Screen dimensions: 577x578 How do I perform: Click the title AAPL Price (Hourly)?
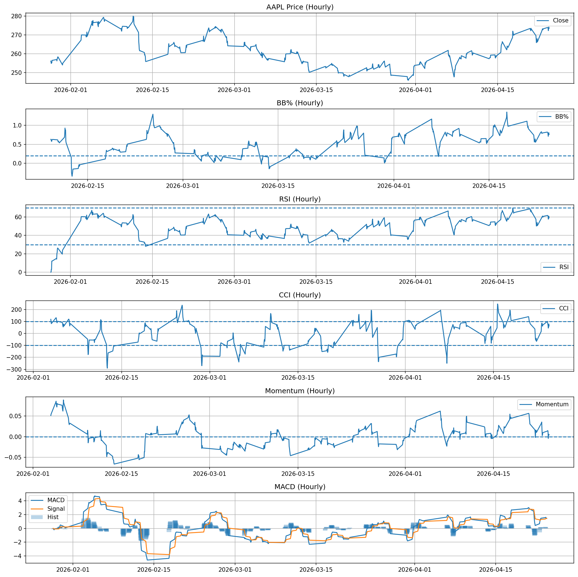[x=300, y=7]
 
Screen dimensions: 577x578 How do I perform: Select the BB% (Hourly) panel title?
[x=300, y=103]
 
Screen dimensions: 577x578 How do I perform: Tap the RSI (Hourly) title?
[x=300, y=199]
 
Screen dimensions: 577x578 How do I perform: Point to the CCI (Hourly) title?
[x=300, y=295]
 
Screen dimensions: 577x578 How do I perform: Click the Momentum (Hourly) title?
[x=300, y=391]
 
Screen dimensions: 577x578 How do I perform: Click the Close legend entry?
[x=560, y=21]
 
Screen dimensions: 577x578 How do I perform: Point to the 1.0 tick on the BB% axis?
[x=17, y=125]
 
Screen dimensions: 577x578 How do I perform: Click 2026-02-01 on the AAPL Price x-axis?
[x=71, y=90]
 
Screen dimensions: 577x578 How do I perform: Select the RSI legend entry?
[x=564, y=267]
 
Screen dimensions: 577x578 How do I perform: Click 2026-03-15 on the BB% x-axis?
[x=278, y=186]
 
